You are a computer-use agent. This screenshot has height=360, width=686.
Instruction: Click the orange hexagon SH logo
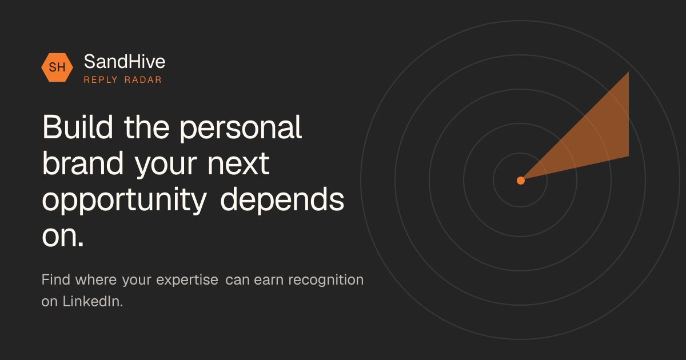coord(57,67)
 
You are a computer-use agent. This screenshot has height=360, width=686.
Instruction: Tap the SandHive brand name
coord(125,62)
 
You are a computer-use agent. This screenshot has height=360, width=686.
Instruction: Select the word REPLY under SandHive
coord(101,80)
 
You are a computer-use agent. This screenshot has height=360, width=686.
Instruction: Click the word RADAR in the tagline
coord(143,80)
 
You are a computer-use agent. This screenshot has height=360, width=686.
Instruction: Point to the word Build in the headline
coord(78,127)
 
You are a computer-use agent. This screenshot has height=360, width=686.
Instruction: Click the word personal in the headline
coord(241,129)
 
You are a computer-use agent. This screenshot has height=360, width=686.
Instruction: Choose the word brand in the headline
coord(83,163)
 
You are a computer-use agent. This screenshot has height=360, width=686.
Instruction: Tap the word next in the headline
coord(238,165)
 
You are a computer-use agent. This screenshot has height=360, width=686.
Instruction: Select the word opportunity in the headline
coord(125,201)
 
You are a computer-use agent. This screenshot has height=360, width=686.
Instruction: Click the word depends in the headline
coord(282,199)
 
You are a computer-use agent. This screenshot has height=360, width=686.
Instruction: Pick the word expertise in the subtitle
coord(187,281)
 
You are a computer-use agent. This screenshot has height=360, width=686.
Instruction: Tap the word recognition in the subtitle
coord(326,281)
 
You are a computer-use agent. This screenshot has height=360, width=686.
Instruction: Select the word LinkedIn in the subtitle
coord(91,301)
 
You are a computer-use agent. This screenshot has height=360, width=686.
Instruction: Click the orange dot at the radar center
coord(521,181)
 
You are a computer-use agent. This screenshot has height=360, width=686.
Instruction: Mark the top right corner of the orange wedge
coord(629,72)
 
